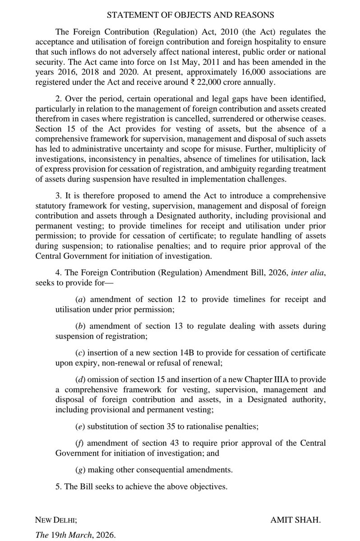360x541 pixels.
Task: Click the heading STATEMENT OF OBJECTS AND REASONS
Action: (x=190, y=15)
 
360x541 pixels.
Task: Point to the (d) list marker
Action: (x=79, y=377)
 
